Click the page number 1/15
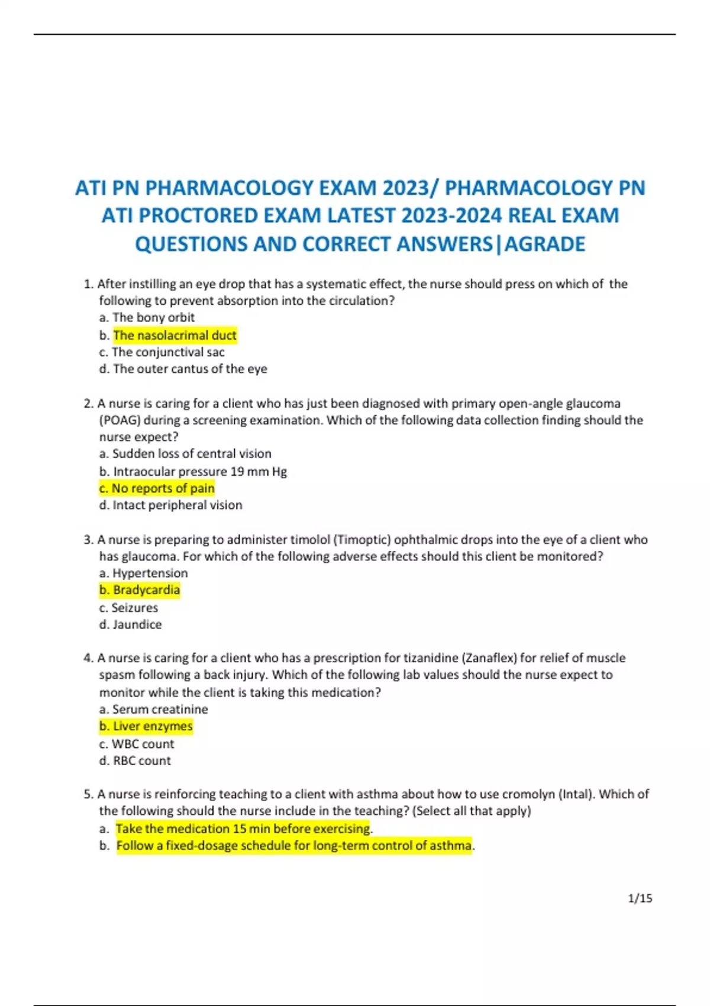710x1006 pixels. pos(640,898)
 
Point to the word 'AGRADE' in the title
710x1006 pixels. pos(545,244)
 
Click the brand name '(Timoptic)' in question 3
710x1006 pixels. pos(362,540)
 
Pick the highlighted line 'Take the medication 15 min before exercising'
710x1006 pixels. pos(243,828)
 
